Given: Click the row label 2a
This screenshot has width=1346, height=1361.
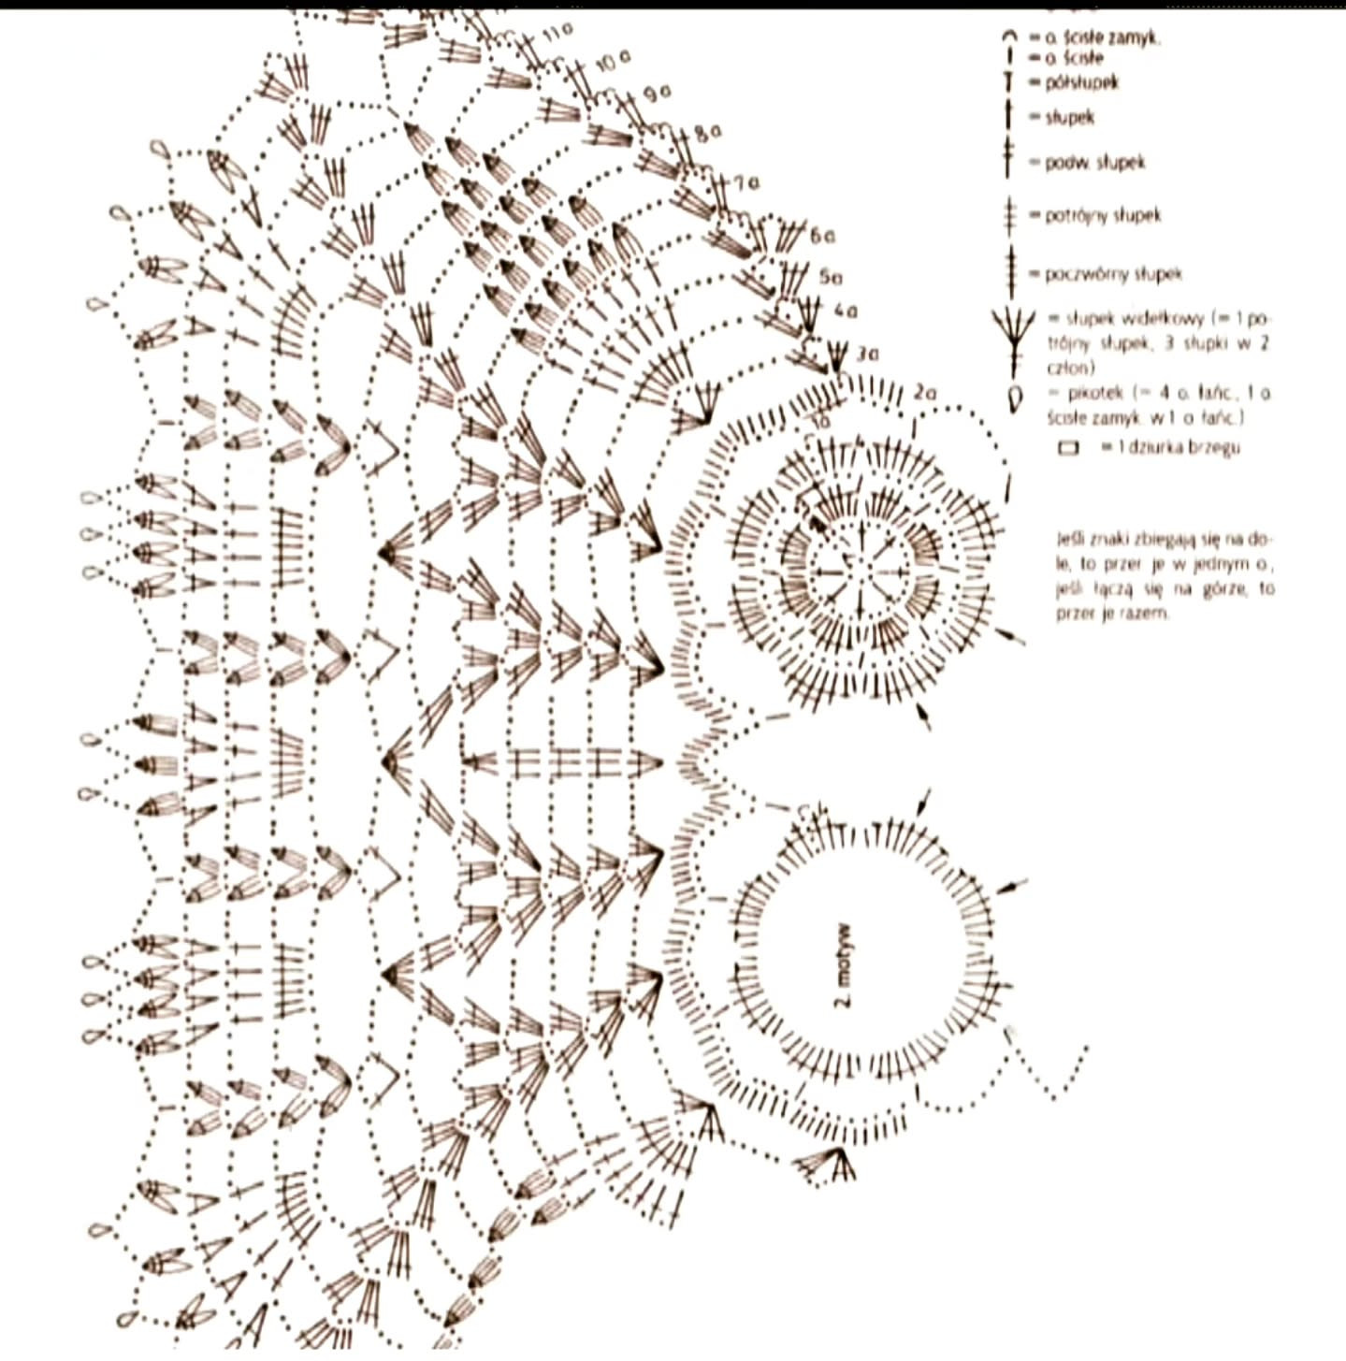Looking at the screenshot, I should [925, 393].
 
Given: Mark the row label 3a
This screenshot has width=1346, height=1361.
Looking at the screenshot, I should [867, 354].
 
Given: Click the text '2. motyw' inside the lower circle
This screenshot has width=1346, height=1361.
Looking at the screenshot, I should [843, 967].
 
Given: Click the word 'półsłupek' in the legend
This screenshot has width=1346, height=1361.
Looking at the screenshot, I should [1081, 82].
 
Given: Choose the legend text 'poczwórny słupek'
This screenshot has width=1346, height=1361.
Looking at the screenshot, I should [1113, 274].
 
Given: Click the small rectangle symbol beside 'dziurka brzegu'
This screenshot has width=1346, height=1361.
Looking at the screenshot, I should [1067, 448].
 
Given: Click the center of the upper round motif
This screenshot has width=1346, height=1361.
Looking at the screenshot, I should [859, 565].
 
